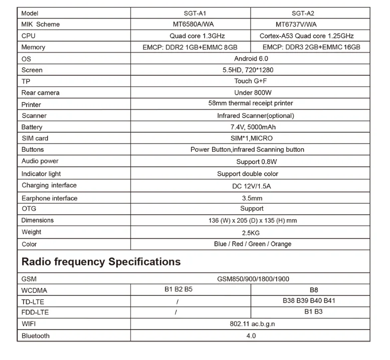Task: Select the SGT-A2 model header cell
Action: [x=309, y=14]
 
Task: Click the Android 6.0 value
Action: [x=251, y=59]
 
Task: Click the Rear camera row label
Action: [x=41, y=93]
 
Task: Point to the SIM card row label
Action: [x=35, y=138]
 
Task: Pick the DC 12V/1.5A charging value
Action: [x=252, y=186]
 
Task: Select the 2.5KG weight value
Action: [x=251, y=233]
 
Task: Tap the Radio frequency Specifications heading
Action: [x=101, y=262]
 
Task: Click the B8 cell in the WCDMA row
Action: [x=314, y=289]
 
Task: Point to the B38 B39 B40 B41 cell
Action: [x=309, y=301]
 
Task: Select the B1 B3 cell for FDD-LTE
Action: [x=313, y=312]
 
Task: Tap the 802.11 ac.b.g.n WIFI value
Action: [x=252, y=324]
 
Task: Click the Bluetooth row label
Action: [x=36, y=335]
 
